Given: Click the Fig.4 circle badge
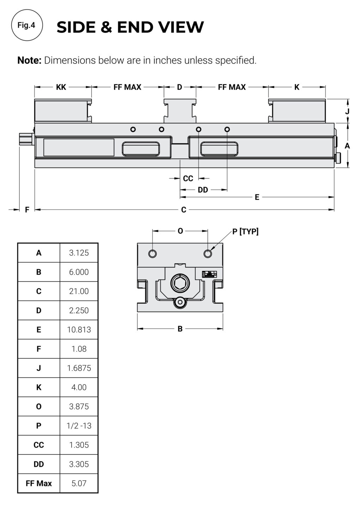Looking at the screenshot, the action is (27, 25).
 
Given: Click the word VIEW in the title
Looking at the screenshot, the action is (181, 27).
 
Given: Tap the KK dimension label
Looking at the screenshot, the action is (61, 87).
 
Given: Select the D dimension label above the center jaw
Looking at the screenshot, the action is (179, 87).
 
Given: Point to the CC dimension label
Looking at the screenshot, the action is (188, 179).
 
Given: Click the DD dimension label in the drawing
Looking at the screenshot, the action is (203, 190).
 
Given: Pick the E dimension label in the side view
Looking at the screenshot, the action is (257, 197).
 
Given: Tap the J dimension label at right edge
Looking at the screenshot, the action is (347, 111).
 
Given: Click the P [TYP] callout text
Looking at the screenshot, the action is (245, 231).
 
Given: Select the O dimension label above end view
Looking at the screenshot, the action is (180, 231).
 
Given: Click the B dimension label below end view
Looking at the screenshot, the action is (180, 329).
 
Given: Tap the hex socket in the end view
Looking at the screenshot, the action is (180, 283).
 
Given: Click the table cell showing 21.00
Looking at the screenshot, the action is (79, 291).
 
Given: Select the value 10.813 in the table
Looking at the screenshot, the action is (79, 329).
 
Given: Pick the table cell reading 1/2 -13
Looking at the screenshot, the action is (79, 426).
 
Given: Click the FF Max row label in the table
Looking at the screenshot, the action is (39, 483).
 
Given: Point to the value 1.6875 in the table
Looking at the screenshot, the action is (79, 368).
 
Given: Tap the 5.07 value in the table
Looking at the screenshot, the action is (79, 483).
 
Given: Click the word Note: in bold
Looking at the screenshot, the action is (30, 60).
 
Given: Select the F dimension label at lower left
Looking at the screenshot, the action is (27, 210).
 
